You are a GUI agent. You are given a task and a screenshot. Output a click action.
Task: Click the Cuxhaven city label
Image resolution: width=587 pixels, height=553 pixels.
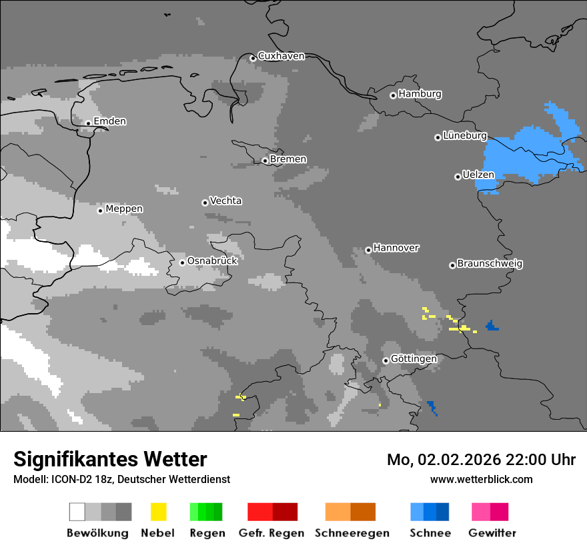[x=281, y=56]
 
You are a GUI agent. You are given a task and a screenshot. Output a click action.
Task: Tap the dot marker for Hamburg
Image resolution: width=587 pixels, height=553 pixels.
[x=393, y=95]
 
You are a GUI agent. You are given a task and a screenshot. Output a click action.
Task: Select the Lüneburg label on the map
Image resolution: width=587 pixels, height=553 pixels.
[x=464, y=135]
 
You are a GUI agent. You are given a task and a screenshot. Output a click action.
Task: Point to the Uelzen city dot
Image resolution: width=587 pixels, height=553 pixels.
[x=458, y=177]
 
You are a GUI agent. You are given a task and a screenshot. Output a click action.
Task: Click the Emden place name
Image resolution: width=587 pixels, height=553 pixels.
[x=109, y=121]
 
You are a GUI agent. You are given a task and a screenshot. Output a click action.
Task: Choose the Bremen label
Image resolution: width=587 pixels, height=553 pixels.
[x=288, y=159]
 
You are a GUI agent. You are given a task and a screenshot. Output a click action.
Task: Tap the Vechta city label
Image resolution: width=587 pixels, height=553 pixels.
[x=225, y=201]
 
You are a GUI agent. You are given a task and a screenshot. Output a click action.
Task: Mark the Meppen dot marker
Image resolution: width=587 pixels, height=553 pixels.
[x=100, y=211]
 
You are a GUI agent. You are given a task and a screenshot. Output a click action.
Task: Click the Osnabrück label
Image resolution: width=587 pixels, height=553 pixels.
[x=212, y=261]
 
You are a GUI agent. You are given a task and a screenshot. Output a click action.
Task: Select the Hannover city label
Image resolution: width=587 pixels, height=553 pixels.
[x=396, y=248]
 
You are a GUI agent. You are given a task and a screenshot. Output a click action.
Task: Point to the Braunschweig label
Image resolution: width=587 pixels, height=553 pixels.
[x=490, y=263]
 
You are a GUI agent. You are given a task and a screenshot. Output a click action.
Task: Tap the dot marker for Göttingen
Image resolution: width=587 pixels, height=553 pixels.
[x=386, y=360]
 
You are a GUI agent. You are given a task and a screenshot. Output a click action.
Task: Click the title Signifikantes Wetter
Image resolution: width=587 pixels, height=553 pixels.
[x=110, y=460]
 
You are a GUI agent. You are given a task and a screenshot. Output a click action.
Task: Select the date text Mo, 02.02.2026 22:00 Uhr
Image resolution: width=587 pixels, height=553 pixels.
[x=481, y=460]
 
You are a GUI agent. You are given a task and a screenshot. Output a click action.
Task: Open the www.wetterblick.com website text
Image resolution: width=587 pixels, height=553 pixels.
[x=481, y=479]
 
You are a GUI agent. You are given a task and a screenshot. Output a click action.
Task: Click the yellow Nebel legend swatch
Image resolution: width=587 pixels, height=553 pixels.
[x=158, y=512]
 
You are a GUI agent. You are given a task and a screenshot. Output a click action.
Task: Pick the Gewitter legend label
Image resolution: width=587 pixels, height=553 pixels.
[x=492, y=533]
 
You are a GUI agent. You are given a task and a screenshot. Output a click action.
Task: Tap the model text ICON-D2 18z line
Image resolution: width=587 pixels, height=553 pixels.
[x=121, y=479]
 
